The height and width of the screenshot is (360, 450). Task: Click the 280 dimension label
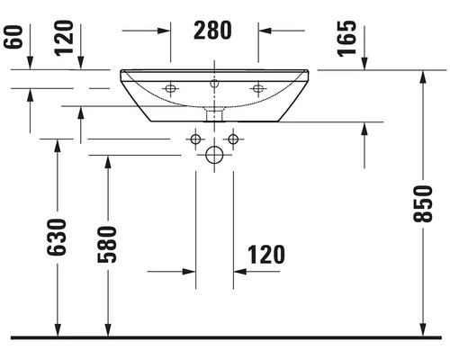tap(212, 31)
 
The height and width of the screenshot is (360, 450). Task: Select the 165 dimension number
tap(347, 39)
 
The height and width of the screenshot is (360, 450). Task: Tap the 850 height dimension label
tap(422, 203)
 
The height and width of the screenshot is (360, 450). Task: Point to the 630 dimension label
tap(57, 238)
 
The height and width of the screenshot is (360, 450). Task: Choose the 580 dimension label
tap(107, 245)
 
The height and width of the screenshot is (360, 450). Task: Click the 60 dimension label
tap(13, 37)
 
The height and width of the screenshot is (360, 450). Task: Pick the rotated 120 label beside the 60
tap(64, 38)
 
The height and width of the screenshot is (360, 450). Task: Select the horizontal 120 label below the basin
tap(266, 255)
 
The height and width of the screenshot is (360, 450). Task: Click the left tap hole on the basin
tap(170, 88)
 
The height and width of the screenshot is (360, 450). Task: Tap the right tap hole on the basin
tap(258, 88)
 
